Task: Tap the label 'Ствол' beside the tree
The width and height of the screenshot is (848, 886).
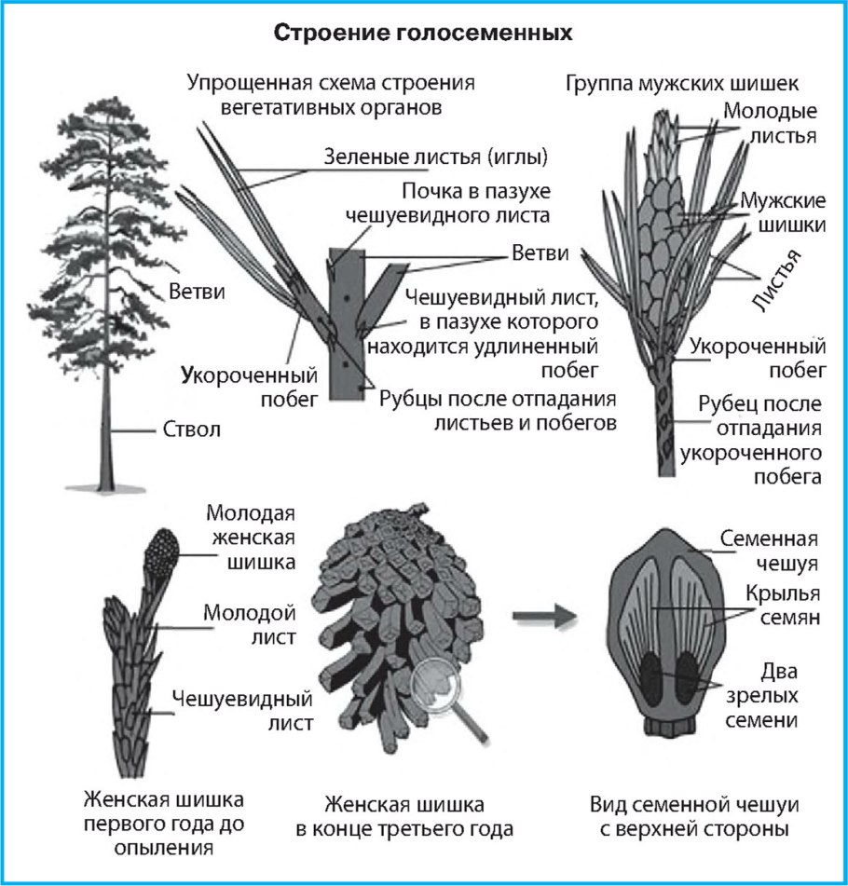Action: [x=194, y=431]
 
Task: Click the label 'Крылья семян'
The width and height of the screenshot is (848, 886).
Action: [x=781, y=607]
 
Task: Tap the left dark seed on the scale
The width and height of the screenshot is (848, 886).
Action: [x=657, y=677]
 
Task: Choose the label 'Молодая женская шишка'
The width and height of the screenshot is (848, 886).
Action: [x=249, y=538]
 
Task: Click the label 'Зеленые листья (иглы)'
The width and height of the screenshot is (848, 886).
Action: [x=434, y=155]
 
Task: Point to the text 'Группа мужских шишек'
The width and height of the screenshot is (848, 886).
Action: [x=682, y=84]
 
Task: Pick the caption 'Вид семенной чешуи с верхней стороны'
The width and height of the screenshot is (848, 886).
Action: [x=696, y=816]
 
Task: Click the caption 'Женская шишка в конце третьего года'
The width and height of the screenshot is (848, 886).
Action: [x=418, y=816]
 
